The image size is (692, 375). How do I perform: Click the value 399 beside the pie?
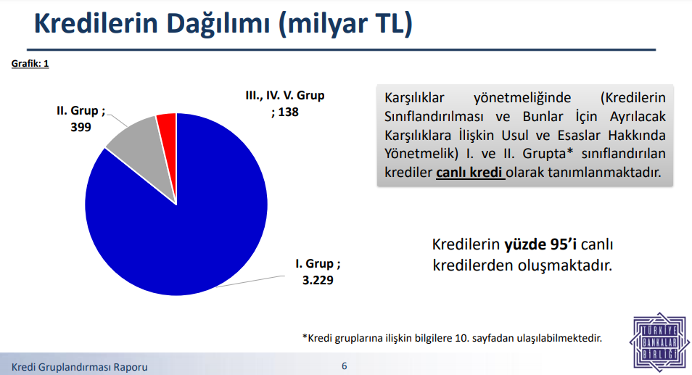coord(81,128)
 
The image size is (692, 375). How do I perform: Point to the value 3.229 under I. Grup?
coord(318,281)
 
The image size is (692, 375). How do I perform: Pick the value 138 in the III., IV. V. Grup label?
coord(289,112)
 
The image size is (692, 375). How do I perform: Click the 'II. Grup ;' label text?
coord(81,111)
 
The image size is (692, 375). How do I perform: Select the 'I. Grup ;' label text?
coord(318,264)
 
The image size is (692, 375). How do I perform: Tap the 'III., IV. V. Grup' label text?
coord(285,95)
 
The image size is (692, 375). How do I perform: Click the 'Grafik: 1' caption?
coord(30,64)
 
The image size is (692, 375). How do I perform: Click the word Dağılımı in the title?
coord(218,23)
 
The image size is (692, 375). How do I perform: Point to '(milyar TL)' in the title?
coord(345,23)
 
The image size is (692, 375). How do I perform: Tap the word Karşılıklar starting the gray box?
coord(414,97)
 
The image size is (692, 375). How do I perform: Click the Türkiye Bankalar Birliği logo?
coord(659,342)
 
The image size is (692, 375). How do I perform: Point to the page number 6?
coord(345,366)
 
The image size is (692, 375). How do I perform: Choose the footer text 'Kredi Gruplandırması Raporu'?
coord(80,367)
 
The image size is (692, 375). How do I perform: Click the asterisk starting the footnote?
coord(305,337)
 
